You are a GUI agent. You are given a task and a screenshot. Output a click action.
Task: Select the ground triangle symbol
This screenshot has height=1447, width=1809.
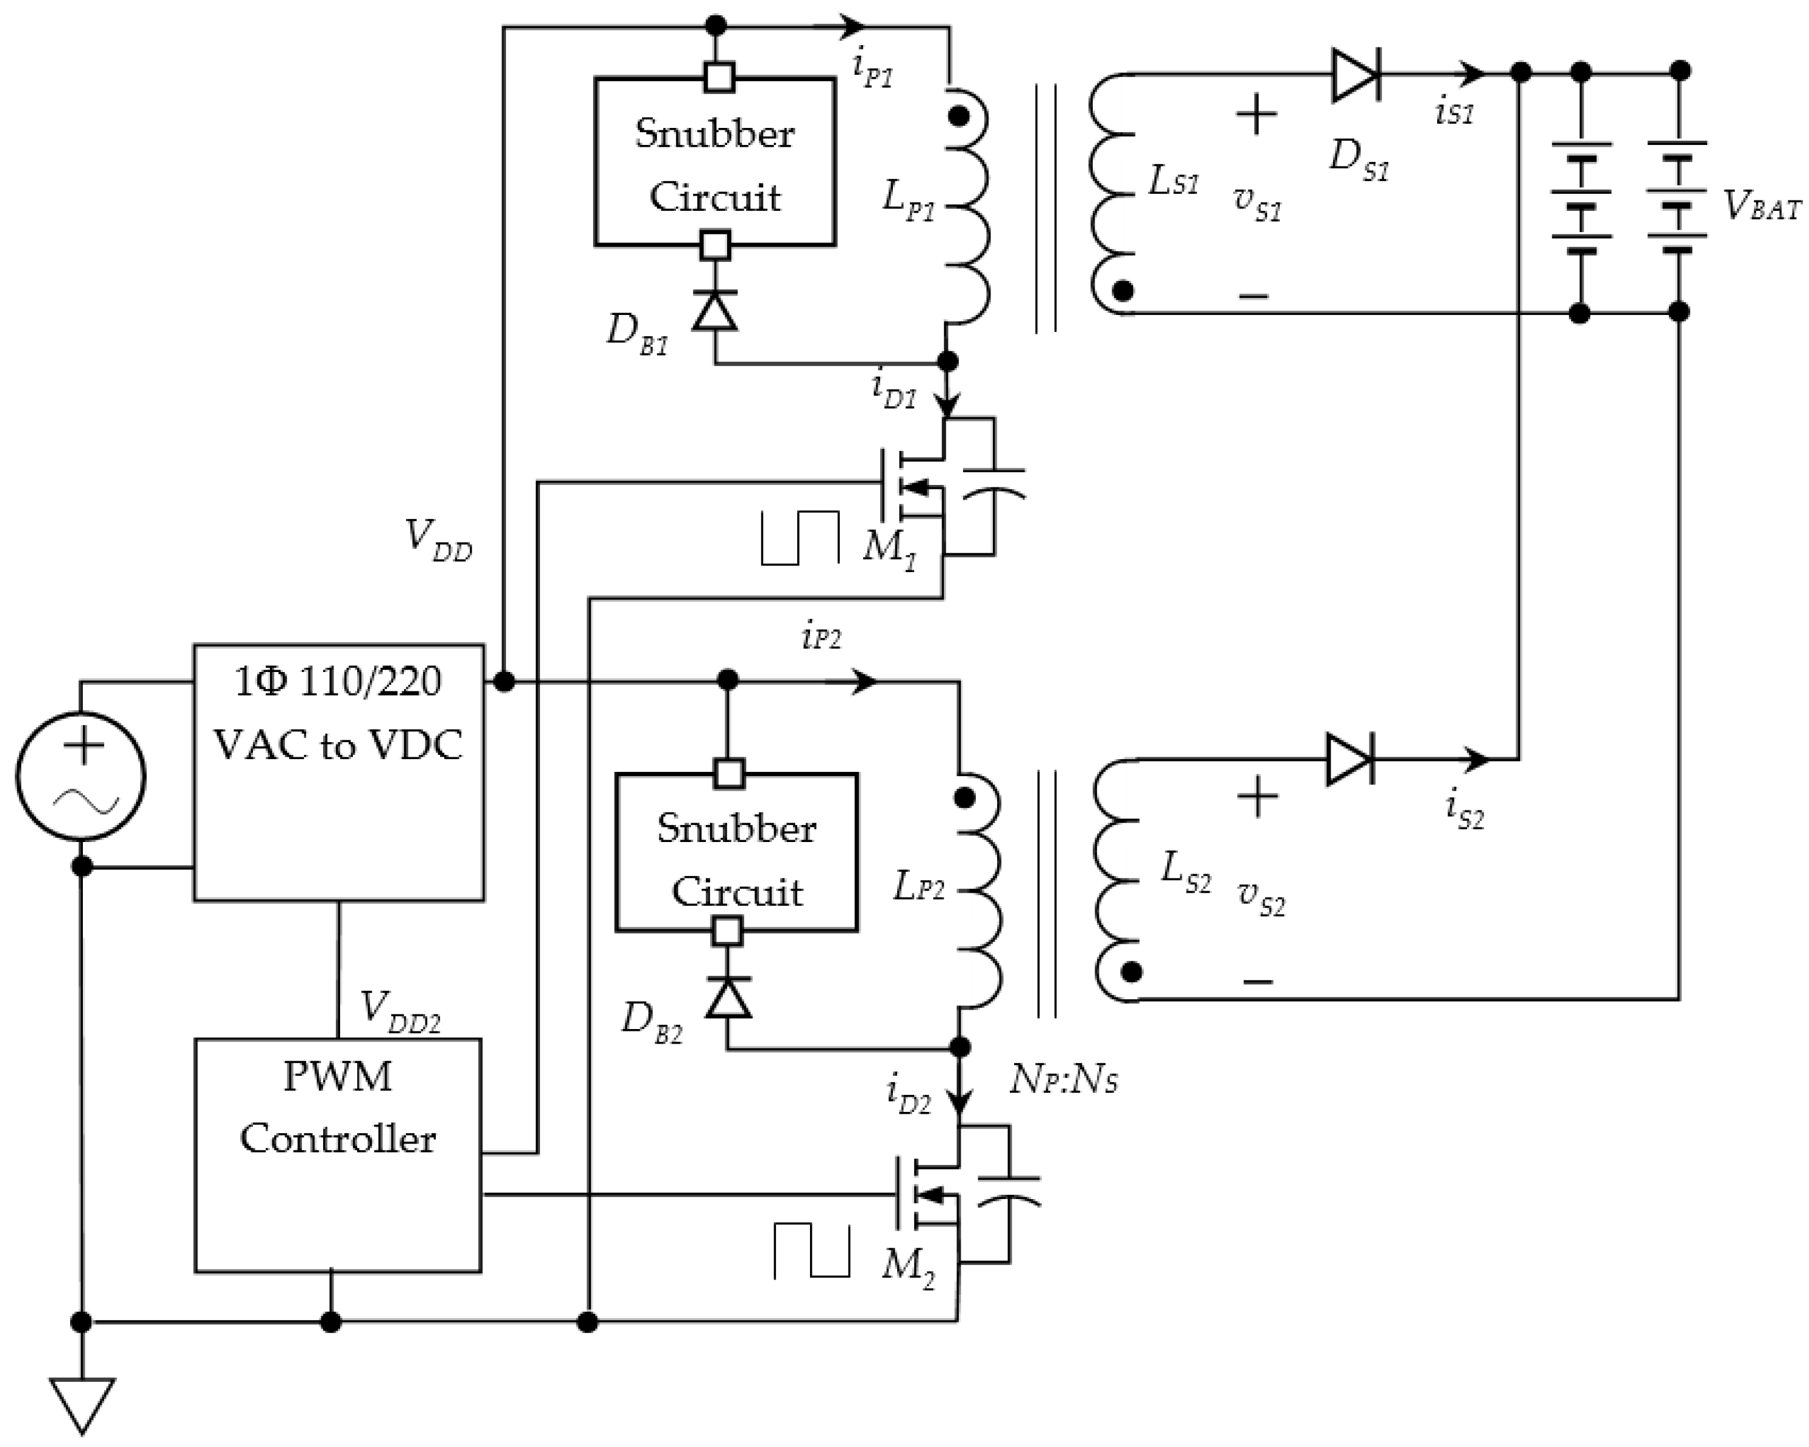[x=82, y=1404]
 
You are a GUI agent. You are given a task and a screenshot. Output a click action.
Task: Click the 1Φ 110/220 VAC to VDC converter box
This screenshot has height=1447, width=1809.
[x=339, y=773]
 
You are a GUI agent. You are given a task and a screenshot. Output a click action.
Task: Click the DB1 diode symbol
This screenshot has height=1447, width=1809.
[x=715, y=310]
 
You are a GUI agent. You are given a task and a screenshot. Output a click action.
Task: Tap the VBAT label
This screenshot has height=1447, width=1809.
[x=1762, y=205]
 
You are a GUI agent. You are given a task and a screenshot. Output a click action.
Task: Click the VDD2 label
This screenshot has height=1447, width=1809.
[x=399, y=1011]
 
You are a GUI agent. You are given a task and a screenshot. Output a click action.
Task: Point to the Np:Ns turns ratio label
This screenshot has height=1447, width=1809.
[x=1063, y=1080]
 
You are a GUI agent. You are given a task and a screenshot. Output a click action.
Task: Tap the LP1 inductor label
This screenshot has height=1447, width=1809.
[x=908, y=200]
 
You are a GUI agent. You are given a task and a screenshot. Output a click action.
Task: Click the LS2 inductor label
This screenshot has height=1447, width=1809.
[x=1185, y=872]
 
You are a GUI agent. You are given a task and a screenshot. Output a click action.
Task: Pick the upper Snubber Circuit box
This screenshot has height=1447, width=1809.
[x=715, y=162]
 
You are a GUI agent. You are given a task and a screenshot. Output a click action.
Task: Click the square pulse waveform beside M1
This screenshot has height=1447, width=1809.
[x=800, y=537]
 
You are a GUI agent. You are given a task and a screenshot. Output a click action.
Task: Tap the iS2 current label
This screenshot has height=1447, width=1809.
[x=1464, y=810]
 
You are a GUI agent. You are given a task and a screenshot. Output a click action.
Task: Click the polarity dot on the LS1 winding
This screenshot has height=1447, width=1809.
[x=1123, y=290]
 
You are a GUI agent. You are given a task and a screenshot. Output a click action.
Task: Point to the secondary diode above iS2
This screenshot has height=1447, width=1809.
[x=1348, y=759]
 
